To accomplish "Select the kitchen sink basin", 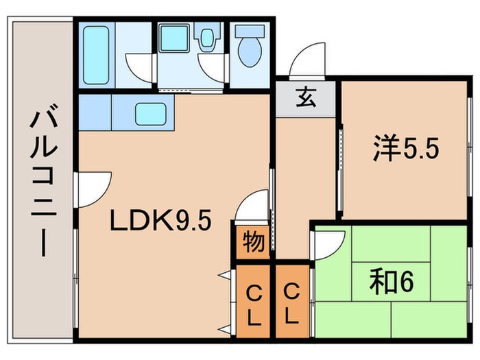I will coord(151,113).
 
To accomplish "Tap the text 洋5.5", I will coord(405,149).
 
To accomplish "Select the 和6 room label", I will coord(393,281).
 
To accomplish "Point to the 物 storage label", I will coord(252,243).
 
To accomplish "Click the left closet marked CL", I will coord(253,306).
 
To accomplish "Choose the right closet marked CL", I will coord(291,306).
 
